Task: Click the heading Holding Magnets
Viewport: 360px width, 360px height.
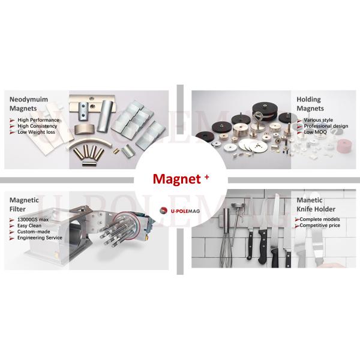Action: point(310,104)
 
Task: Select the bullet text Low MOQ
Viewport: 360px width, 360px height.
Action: point(315,132)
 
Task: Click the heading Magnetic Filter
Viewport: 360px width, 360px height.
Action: point(25,203)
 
